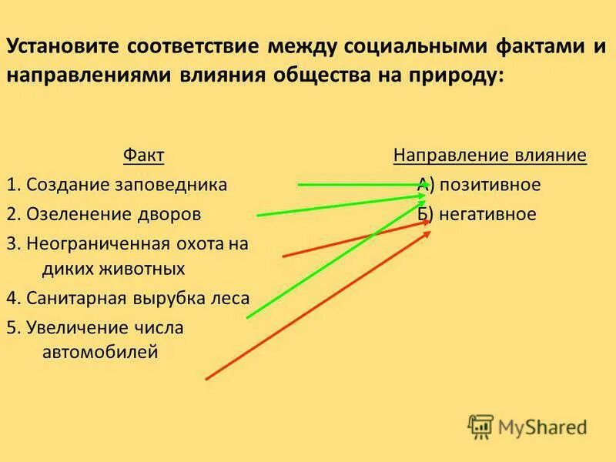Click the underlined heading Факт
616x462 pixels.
coord(144,156)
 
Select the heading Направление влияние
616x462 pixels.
coord(490,156)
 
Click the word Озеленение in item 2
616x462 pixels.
coord(72,213)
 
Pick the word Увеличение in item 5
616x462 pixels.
coord(72,327)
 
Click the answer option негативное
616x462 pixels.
coord(487,214)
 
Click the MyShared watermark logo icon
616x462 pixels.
coord(480,426)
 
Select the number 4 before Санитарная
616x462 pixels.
coord(12,298)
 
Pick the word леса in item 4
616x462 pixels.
coord(230,298)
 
